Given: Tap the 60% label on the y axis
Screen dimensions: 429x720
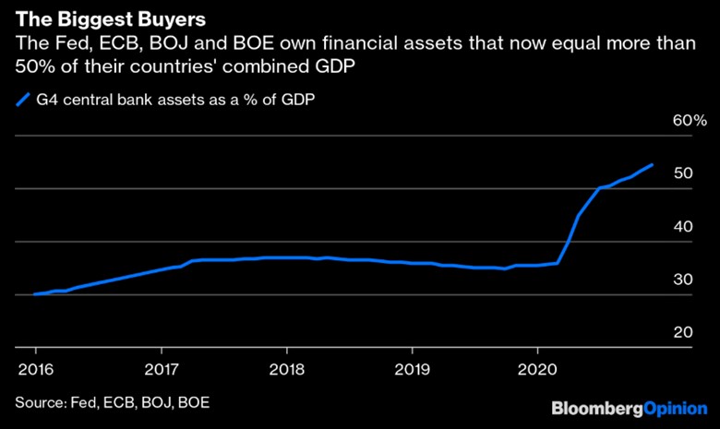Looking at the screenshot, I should [x=688, y=121].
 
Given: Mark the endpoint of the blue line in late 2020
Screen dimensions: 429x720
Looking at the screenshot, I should [x=653, y=165].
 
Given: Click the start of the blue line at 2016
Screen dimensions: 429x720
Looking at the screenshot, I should [x=35, y=294].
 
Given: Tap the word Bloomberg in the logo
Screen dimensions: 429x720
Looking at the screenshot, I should [x=591, y=407].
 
